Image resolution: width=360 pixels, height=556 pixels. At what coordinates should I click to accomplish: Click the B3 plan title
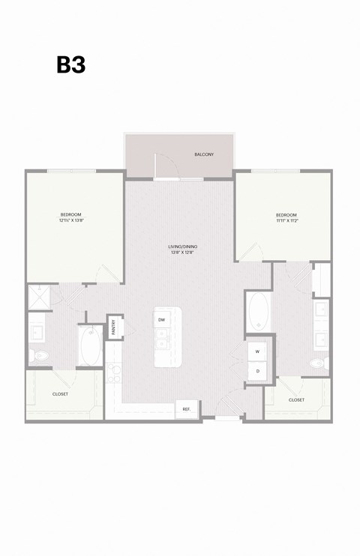pos(71,65)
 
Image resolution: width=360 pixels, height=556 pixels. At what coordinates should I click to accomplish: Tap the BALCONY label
pos(204,154)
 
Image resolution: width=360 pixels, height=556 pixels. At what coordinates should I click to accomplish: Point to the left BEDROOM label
pos(71,215)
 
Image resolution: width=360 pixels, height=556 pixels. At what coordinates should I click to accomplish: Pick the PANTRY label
pos(114,327)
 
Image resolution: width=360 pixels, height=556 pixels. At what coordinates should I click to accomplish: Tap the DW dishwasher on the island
pos(161,320)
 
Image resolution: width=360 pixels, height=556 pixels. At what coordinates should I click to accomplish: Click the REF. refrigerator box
pos(186,409)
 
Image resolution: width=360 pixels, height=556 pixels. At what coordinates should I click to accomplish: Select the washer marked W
pos(257,351)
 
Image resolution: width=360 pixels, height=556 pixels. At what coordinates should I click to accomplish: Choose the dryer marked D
pos(257,370)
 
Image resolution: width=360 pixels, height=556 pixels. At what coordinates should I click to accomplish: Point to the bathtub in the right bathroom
pos(258,311)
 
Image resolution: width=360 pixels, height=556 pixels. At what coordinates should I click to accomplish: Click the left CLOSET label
pos(61,393)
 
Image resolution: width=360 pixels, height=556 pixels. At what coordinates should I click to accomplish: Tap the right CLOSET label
pos(296,399)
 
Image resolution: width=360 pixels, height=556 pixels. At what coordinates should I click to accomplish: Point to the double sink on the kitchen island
pos(161,343)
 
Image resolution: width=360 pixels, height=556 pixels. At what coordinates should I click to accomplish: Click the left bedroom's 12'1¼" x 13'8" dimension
pos(71,221)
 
